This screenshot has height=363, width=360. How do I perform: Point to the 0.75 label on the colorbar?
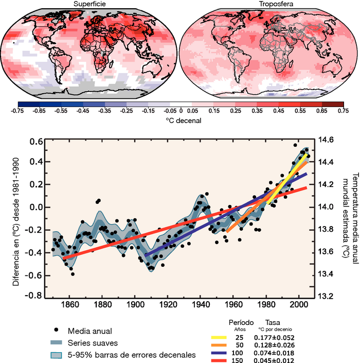point(341,111)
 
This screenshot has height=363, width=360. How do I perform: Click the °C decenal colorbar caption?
point(180,120)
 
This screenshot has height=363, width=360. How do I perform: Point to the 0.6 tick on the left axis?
point(35,142)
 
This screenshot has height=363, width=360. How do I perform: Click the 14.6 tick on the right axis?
point(327,140)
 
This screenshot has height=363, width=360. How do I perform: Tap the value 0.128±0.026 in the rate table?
point(274,344)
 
